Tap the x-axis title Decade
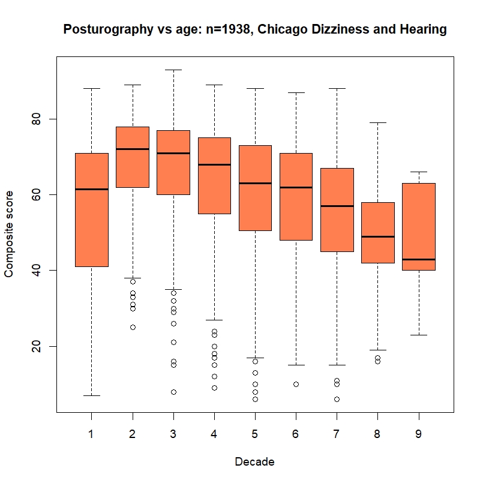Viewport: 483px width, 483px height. point(255,462)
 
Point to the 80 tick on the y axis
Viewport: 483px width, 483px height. point(35,119)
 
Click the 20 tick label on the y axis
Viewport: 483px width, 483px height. point(35,346)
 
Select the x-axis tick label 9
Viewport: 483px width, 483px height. point(418,434)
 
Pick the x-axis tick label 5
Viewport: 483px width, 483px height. point(255,434)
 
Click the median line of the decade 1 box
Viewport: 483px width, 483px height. point(91,189)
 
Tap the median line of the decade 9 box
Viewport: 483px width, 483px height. point(418,259)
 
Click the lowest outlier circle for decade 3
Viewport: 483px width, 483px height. point(173,392)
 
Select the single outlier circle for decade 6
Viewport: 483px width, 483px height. point(296,384)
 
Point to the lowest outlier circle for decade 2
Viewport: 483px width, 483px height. point(133,327)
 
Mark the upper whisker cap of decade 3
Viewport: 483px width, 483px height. point(173,70)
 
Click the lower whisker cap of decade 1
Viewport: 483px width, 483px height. point(91,395)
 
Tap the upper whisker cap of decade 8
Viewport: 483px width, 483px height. point(377,122)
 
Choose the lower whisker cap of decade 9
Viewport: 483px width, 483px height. point(418,335)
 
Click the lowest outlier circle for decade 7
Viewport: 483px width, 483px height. point(337,399)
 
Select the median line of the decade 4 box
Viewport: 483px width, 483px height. point(214,164)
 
